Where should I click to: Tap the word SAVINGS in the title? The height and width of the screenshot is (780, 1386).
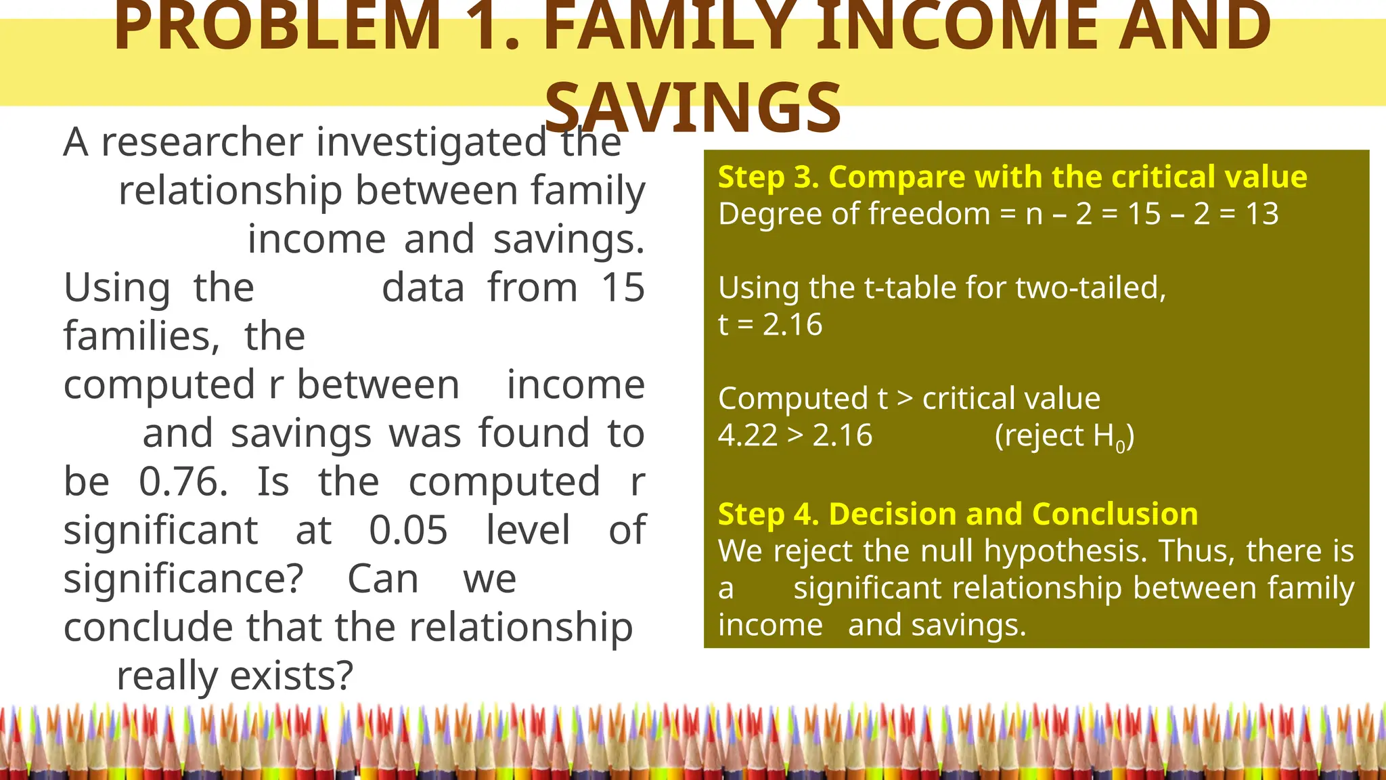[x=693, y=107]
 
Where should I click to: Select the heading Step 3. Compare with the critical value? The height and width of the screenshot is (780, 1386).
[x=1012, y=177]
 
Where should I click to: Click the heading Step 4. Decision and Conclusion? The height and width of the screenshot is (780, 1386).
[x=958, y=515]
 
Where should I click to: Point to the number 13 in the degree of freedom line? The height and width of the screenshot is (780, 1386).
[x=1262, y=214]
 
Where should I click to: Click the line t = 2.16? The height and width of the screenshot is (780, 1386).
[x=770, y=325]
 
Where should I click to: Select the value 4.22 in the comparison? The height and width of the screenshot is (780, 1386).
[x=747, y=435]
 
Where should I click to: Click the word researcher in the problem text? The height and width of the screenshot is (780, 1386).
[x=202, y=143]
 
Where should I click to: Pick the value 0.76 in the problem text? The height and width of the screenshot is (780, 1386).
[x=183, y=482]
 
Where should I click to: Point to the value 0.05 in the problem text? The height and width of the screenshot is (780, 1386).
[x=408, y=530]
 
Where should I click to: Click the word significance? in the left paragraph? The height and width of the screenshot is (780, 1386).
[x=183, y=580]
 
